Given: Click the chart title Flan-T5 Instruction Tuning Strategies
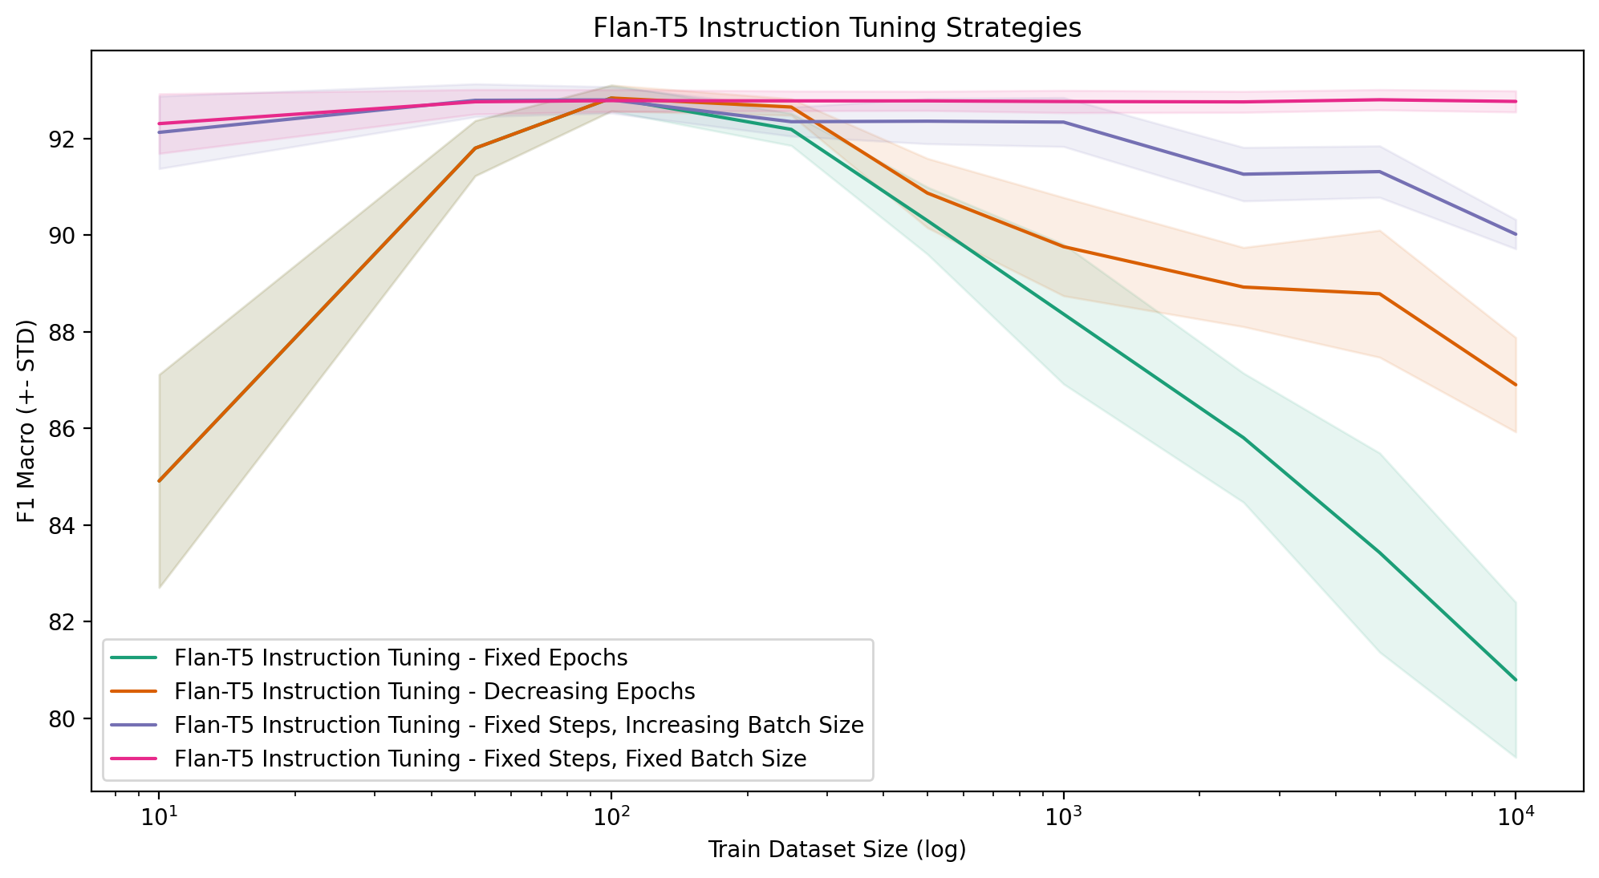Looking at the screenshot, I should tap(836, 28).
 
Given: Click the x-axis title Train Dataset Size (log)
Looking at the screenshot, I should tap(836, 850).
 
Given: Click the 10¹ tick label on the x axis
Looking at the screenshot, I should tap(159, 818).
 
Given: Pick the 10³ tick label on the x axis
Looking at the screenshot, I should tap(1063, 818).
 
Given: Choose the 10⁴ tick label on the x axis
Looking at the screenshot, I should tap(1516, 818).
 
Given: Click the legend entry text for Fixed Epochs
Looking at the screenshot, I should tap(400, 658).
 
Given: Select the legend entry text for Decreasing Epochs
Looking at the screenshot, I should tap(434, 692).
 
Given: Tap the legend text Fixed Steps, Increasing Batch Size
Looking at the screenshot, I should tap(518, 726).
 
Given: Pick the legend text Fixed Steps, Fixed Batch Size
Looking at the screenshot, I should tap(489, 759).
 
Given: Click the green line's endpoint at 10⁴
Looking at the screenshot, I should tap(1516, 680).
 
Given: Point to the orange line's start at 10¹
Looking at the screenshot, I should tap(159, 481).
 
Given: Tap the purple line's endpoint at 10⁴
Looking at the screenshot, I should tap(1516, 234).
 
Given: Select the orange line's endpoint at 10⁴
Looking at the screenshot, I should tap(1516, 385).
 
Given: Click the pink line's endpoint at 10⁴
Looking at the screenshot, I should tap(1516, 102).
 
